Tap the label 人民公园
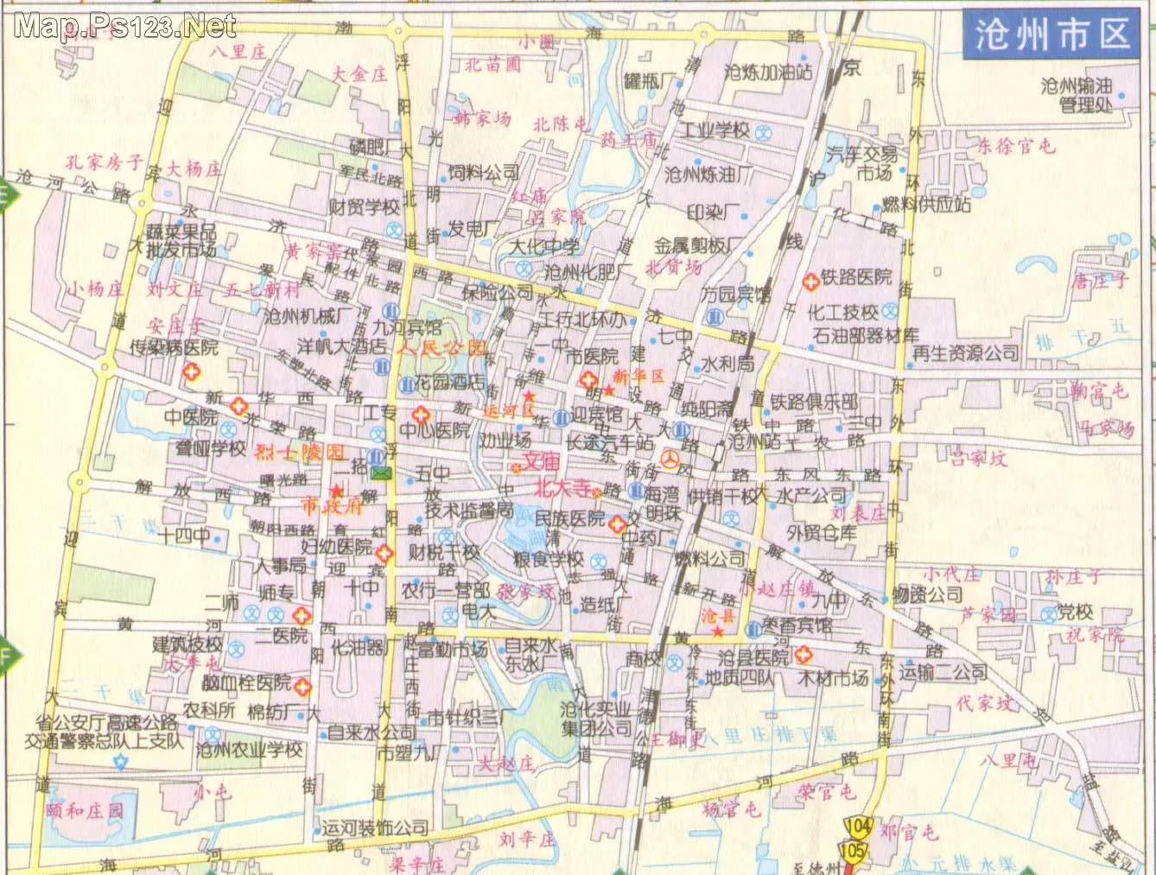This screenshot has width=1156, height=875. click(x=441, y=350)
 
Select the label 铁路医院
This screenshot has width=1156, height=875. click(x=856, y=277)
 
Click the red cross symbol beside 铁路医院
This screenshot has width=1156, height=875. click(x=811, y=281)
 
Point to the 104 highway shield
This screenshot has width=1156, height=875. click(x=859, y=826)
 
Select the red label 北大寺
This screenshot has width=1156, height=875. click(x=567, y=487)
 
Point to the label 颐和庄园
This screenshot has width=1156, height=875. click(x=86, y=810)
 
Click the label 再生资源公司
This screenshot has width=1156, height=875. click(x=966, y=352)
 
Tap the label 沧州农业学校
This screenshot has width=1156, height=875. click(x=250, y=749)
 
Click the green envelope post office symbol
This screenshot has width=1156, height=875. click(x=381, y=472)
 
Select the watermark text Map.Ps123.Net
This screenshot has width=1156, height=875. click(x=125, y=26)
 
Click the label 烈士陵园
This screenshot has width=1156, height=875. click(x=302, y=453)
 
